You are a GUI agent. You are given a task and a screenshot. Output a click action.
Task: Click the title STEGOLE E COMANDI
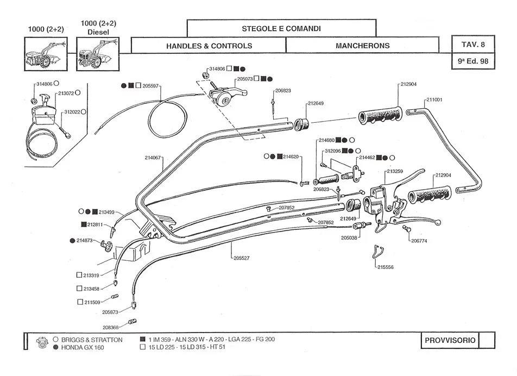pyautogui.click(x=281, y=28)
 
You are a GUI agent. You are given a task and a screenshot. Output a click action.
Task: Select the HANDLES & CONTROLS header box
pyautogui.click(x=209, y=46)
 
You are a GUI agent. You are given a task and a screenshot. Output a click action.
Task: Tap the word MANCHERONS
pyautogui.click(x=362, y=46)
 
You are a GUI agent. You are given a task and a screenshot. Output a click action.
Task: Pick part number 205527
pyautogui.click(x=242, y=258)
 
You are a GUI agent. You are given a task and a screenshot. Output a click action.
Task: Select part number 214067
pyautogui.click(x=153, y=158)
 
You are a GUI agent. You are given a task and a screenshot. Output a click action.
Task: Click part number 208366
pyautogui.click(x=111, y=327)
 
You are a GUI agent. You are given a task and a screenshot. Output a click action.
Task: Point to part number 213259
pyautogui.click(x=395, y=171)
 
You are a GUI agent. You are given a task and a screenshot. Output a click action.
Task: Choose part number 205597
pyautogui.click(x=150, y=86)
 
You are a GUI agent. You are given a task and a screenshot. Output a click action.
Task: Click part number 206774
pyautogui.click(x=419, y=240)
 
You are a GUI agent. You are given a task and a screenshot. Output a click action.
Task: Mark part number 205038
pyautogui.click(x=349, y=237)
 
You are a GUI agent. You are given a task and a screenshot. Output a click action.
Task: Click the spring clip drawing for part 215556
pyautogui.click(x=379, y=252)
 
